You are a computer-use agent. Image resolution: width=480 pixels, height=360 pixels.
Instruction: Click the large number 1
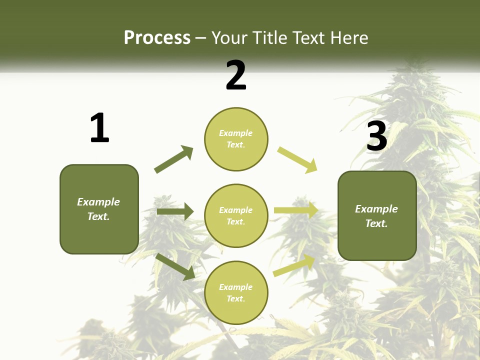(x=99, y=128)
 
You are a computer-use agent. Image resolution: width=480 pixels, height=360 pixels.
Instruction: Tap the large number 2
(x=236, y=75)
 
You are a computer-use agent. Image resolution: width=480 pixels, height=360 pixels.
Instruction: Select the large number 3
(x=377, y=136)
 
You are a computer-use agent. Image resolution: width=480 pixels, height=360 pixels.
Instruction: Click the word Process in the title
(x=157, y=37)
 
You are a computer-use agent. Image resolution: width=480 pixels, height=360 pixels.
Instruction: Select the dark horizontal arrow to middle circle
(x=175, y=211)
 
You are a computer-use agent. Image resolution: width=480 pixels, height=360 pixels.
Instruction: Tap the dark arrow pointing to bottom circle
(x=175, y=266)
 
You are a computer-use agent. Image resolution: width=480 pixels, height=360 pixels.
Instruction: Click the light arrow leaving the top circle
(x=297, y=160)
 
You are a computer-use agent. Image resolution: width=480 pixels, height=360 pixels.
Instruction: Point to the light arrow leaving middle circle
(x=295, y=210)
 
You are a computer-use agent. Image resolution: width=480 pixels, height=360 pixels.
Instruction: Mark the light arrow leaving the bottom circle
(x=294, y=265)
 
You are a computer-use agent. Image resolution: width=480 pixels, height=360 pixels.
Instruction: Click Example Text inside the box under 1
(x=98, y=209)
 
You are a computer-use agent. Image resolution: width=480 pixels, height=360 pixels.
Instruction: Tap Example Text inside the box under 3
(x=376, y=216)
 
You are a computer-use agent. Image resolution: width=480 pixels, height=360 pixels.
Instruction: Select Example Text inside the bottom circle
(x=235, y=292)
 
